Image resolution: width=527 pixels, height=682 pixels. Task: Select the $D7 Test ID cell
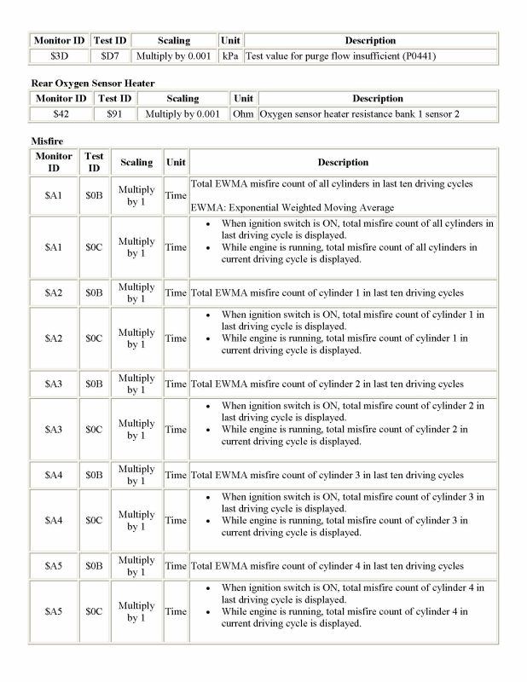(109, 55)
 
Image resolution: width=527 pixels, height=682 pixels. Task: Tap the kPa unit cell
(229, 55)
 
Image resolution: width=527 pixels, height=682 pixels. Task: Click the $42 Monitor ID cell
(61, 113)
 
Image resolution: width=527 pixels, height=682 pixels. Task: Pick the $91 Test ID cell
(114, 113)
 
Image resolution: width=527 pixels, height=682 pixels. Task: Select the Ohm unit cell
(243, 113)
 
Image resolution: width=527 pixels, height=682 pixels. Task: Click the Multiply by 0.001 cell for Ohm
(182, 113)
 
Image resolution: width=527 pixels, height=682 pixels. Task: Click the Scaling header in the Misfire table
(136, 162)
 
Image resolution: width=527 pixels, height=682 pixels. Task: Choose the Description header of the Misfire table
(343, 162)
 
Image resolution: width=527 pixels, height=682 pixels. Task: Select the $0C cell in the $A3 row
(94, 430)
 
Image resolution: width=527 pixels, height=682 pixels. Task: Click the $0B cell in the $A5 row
(94, 566)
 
